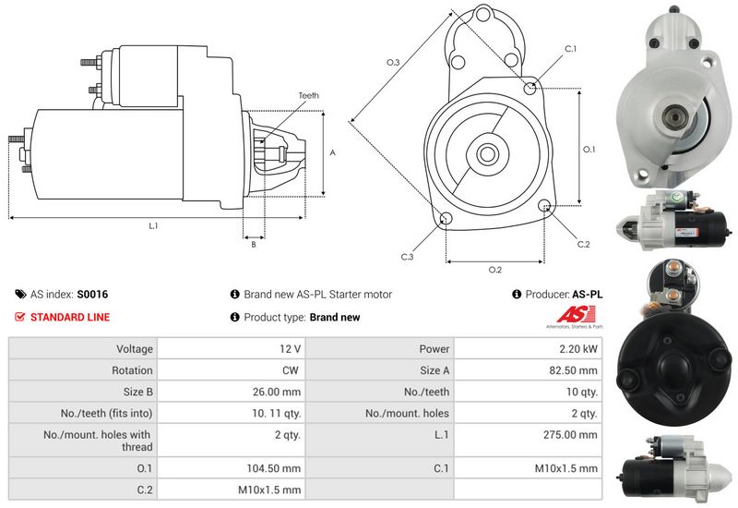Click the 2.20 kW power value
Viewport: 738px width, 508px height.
tap(577, 349)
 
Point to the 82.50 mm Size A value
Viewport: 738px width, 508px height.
tap(576, 369)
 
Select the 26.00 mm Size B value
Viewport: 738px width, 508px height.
tap(279, 392)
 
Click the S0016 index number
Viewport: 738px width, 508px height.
tap(92, 295)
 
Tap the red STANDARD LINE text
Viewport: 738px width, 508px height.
tap(70, 317)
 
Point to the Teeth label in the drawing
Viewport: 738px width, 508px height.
tap(308, 96)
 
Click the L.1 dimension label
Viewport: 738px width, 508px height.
tap(153, 226)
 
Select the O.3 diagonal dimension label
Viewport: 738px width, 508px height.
tap(392, 63)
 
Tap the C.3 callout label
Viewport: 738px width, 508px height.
tap(407, 257)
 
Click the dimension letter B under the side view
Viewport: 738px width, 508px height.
tap(254, 244)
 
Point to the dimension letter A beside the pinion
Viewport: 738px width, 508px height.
tap(332, 153)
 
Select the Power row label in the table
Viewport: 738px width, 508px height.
tap(434, 349)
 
